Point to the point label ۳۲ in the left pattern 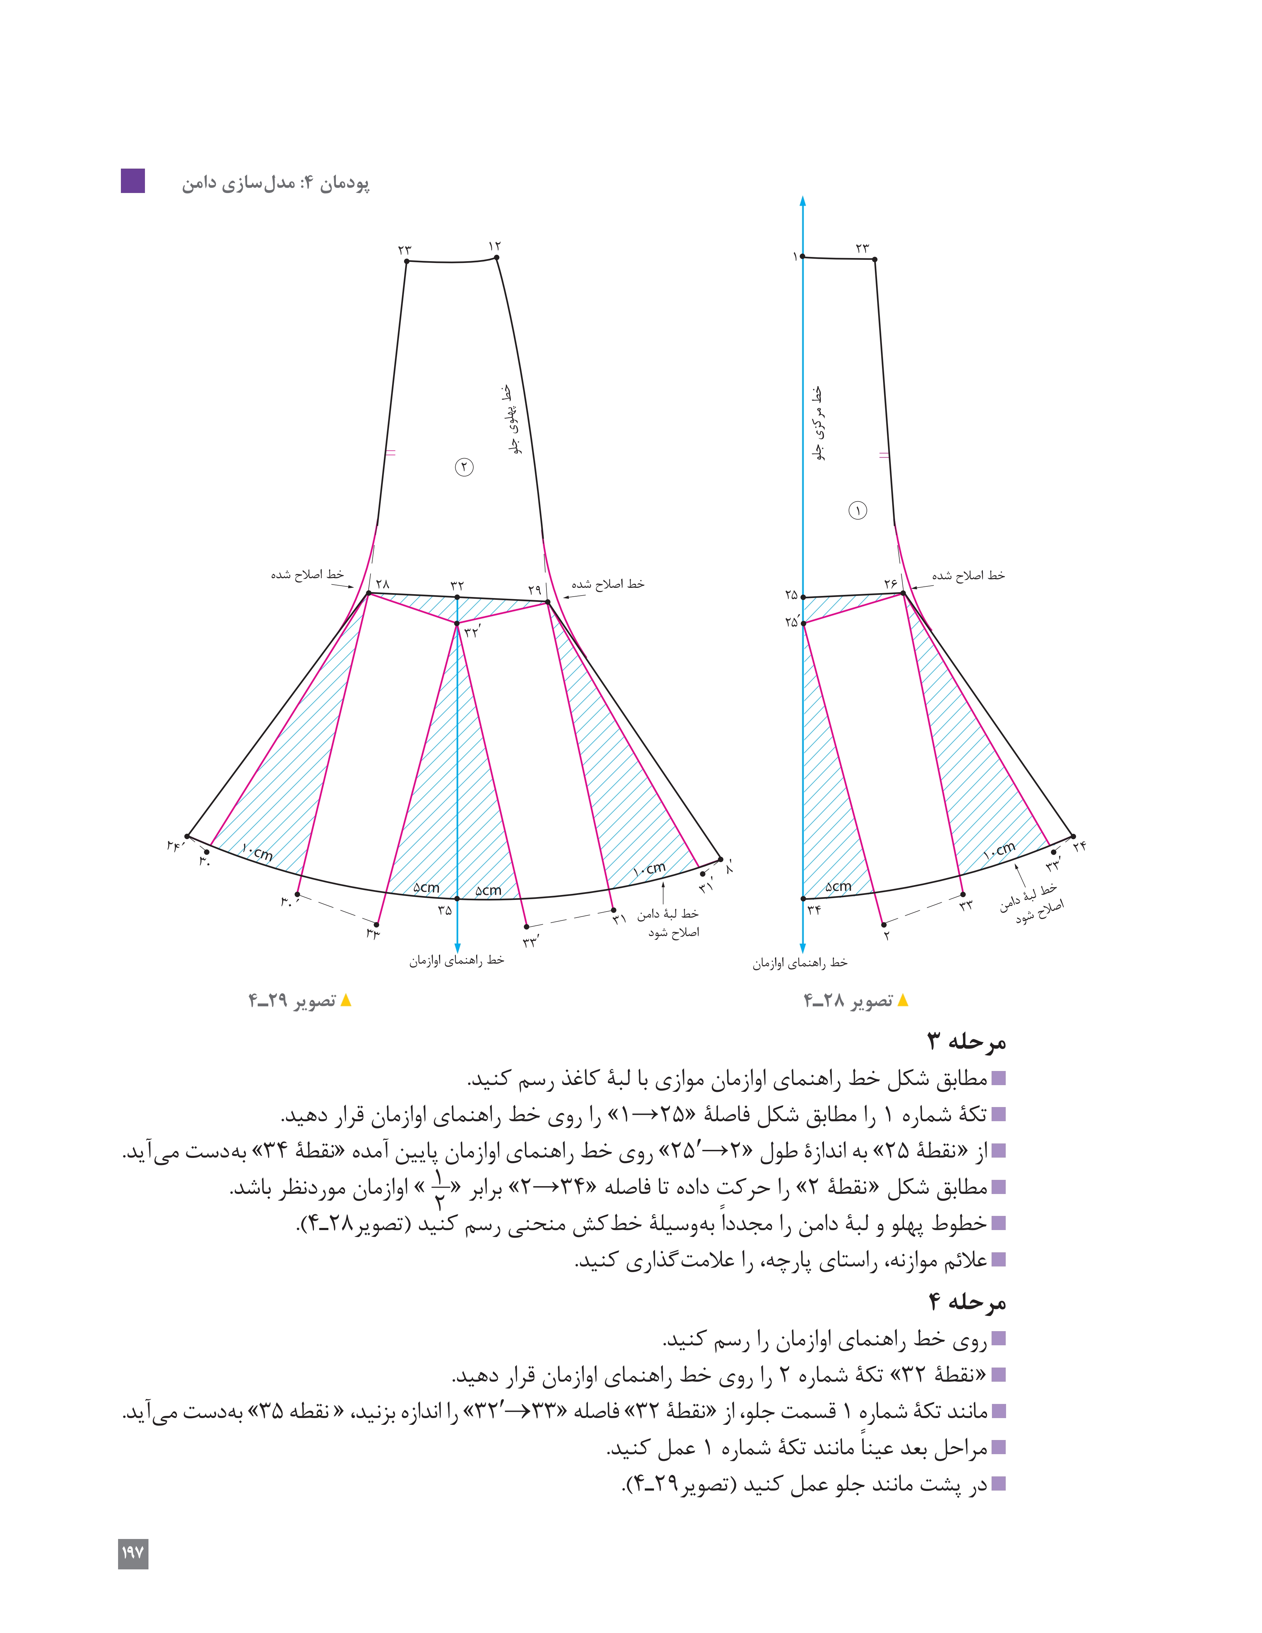[x=457, y=585]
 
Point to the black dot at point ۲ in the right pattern [x=884, y=924]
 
